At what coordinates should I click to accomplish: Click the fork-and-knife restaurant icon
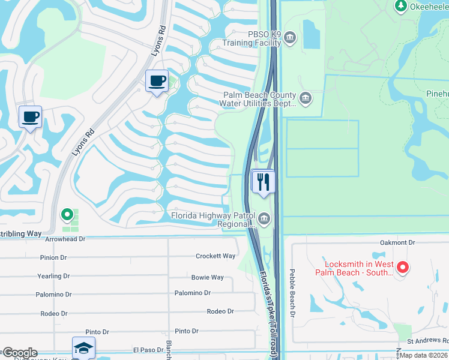click(263, 181)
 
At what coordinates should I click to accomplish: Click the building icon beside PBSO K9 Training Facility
click(290, 39)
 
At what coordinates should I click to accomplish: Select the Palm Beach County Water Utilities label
click(259, 99)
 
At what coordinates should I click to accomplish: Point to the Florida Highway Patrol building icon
click(264, 220)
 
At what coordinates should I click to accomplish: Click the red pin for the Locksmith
click(403, 268)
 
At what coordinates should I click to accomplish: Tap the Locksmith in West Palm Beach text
click(359, 268)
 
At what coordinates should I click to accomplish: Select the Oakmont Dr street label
click(397, 242)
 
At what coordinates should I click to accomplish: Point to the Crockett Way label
click(215, 256)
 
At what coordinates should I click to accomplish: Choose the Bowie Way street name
click(207, 277)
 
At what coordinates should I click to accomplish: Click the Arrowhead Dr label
click(65, 238)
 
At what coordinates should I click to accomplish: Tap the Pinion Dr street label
click(54, 257)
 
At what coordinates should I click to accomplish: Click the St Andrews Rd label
click(427, 341)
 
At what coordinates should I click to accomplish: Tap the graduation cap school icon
click(83, 348)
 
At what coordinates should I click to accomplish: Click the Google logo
click(20, 353)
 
